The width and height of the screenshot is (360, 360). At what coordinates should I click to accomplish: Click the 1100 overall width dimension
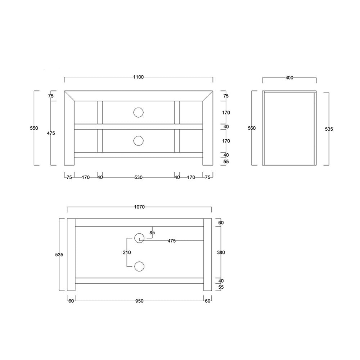pos(139,77)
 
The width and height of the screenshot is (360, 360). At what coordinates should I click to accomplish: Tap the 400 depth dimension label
pos(289,78)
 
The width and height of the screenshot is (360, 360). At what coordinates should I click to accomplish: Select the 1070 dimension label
pos(139,207)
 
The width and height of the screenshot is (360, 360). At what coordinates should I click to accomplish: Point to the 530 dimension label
pos(139,177)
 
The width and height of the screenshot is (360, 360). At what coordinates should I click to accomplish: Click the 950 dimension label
pos(139,301)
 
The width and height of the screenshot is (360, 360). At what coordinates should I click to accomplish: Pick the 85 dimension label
pos(152,233)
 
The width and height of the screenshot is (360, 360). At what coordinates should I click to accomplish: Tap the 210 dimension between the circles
pos(127,252)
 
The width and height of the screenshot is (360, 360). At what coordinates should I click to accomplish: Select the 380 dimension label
pos(221,252)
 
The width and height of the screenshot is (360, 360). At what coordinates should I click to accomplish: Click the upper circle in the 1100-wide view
pos(138,113)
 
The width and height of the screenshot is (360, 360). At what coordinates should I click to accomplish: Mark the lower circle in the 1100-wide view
pos(138,141)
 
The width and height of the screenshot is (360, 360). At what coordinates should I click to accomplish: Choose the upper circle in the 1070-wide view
pos(139,238)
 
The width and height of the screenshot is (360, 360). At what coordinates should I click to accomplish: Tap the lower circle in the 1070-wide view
pos(139,266)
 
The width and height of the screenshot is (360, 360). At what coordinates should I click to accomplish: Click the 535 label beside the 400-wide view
pos(329,129)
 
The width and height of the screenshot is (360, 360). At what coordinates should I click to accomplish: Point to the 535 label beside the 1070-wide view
pos(59,255)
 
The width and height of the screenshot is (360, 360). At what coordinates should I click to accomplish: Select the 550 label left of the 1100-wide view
pos(34,129)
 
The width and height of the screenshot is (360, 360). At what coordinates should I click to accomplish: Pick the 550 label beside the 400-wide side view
pos(252,129)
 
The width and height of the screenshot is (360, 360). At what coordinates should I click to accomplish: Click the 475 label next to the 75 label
pos(51,133)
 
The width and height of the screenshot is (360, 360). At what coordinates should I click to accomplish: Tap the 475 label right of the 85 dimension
pos(172,241)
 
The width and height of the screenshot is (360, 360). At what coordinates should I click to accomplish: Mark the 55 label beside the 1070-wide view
pos(221,287)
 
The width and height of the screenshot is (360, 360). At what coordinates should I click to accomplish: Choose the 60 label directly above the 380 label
pos(221,222)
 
